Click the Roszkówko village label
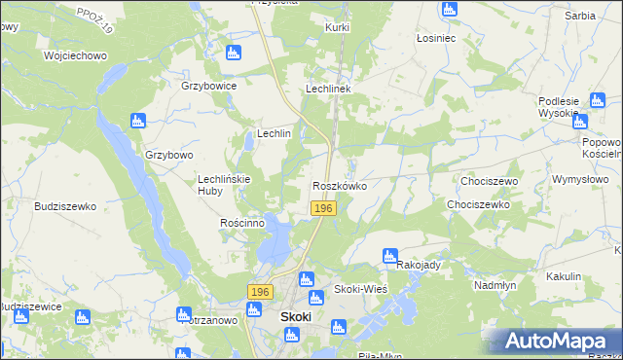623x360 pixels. click(339, 185)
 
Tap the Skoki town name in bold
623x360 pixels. click(296, 316)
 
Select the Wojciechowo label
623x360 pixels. click(75, 55)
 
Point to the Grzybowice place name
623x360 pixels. click(209, 86)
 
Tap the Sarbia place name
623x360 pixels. click(580, 17)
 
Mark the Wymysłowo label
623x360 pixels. click(580, 180)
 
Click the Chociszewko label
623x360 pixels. click(478, 205)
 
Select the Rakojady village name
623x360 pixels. click(420, 265)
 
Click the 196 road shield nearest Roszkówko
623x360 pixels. click(324, 209)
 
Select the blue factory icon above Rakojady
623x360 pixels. click(390, 254)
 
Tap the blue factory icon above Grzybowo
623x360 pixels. click(137, 121)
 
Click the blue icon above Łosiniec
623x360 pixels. click(449, 9)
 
